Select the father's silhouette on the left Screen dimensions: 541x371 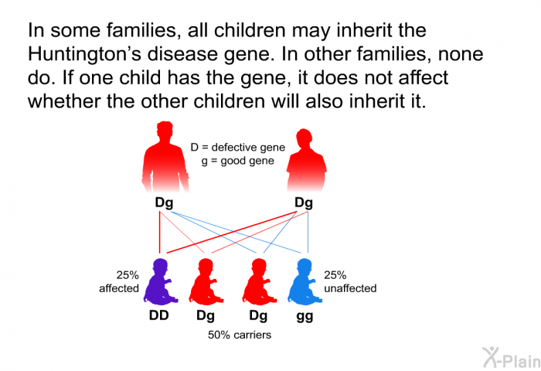click(165, 156)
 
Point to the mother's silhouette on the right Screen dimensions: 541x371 click(306, 160)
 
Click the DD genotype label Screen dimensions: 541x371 click(159, 315)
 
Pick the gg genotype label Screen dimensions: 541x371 click(305, 316)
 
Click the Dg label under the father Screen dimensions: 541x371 click(164, 203)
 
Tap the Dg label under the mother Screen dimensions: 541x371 click(304, 203)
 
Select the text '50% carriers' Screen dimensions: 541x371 click(240, 335)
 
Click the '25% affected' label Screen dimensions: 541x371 click(119, 281)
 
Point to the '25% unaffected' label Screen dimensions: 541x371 click(350, 281)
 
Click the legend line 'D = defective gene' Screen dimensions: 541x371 click(238, 148)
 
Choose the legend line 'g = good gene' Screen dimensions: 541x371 click(238, 161)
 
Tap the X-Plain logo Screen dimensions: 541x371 click(512, 357)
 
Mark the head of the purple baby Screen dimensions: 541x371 click(160, 267)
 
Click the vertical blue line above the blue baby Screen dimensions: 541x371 click(308, 233)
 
